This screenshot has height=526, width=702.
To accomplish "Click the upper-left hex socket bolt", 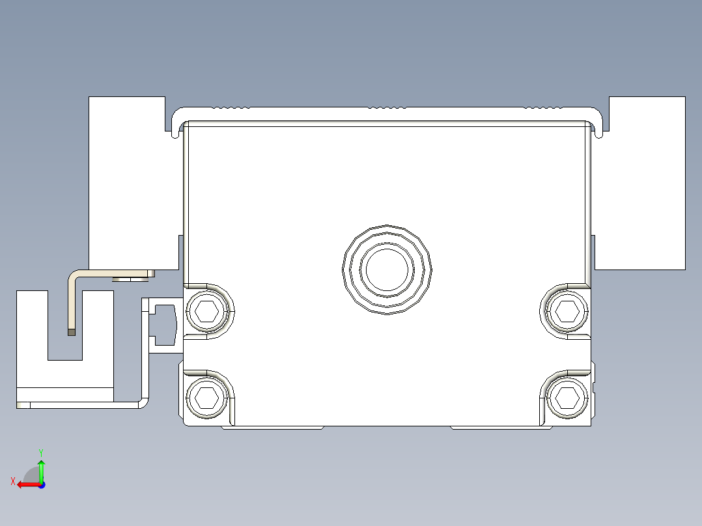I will (x=207, y=311).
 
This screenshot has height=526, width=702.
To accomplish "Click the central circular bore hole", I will (x=387, y=269).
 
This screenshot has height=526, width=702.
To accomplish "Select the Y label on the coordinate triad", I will (x=40, y=451).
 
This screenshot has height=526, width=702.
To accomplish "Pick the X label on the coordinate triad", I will (x=12, y=481).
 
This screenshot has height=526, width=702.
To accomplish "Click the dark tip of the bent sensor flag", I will (x=71, y=332).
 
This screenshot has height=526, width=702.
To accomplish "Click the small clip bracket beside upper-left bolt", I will (x=163, y=324).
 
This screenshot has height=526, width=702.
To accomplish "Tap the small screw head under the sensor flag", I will (x=133, y=279).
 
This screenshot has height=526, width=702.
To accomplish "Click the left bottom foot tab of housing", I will (x=273, y=428).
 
